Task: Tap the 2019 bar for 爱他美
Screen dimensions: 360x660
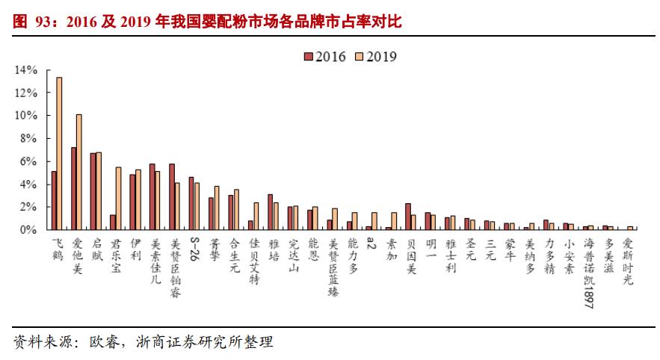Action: tap(79, 172)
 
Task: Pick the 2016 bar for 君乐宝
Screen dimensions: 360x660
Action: tap(112, 222)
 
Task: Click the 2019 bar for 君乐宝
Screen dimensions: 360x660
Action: tap(118, 198)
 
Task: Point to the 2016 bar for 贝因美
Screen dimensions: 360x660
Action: tap(407, 216)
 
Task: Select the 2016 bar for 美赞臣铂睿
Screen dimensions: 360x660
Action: tap(171, 196)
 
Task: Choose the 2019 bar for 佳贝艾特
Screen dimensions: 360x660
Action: tap(256, 216)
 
